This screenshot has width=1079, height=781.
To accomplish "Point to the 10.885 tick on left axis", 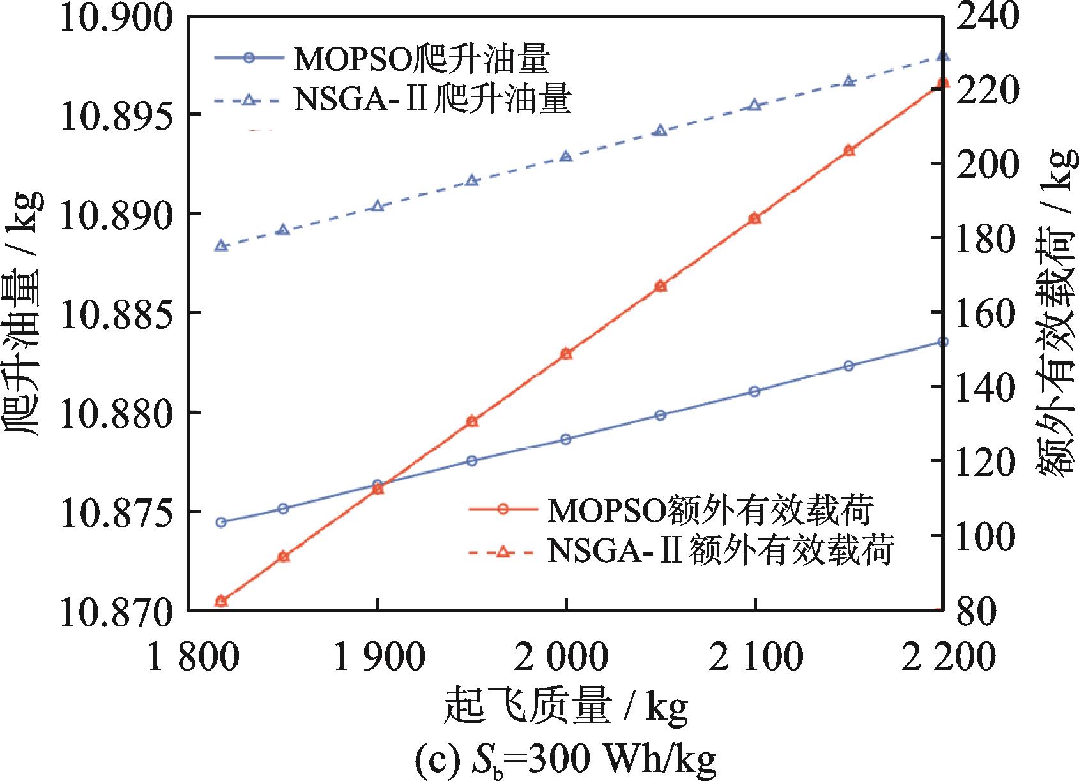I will pos(107,313).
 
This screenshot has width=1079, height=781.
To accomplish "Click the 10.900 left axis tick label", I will pos(107,17).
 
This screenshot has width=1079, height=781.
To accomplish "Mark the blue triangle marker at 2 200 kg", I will pos(943,56).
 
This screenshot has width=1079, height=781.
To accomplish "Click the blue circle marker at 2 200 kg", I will pos(943,342).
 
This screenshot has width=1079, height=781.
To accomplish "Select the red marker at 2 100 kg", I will pos(754,218).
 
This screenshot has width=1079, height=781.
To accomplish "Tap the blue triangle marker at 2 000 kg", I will pos(566,156).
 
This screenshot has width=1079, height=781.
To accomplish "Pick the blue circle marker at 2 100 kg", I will pos(754,391).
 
